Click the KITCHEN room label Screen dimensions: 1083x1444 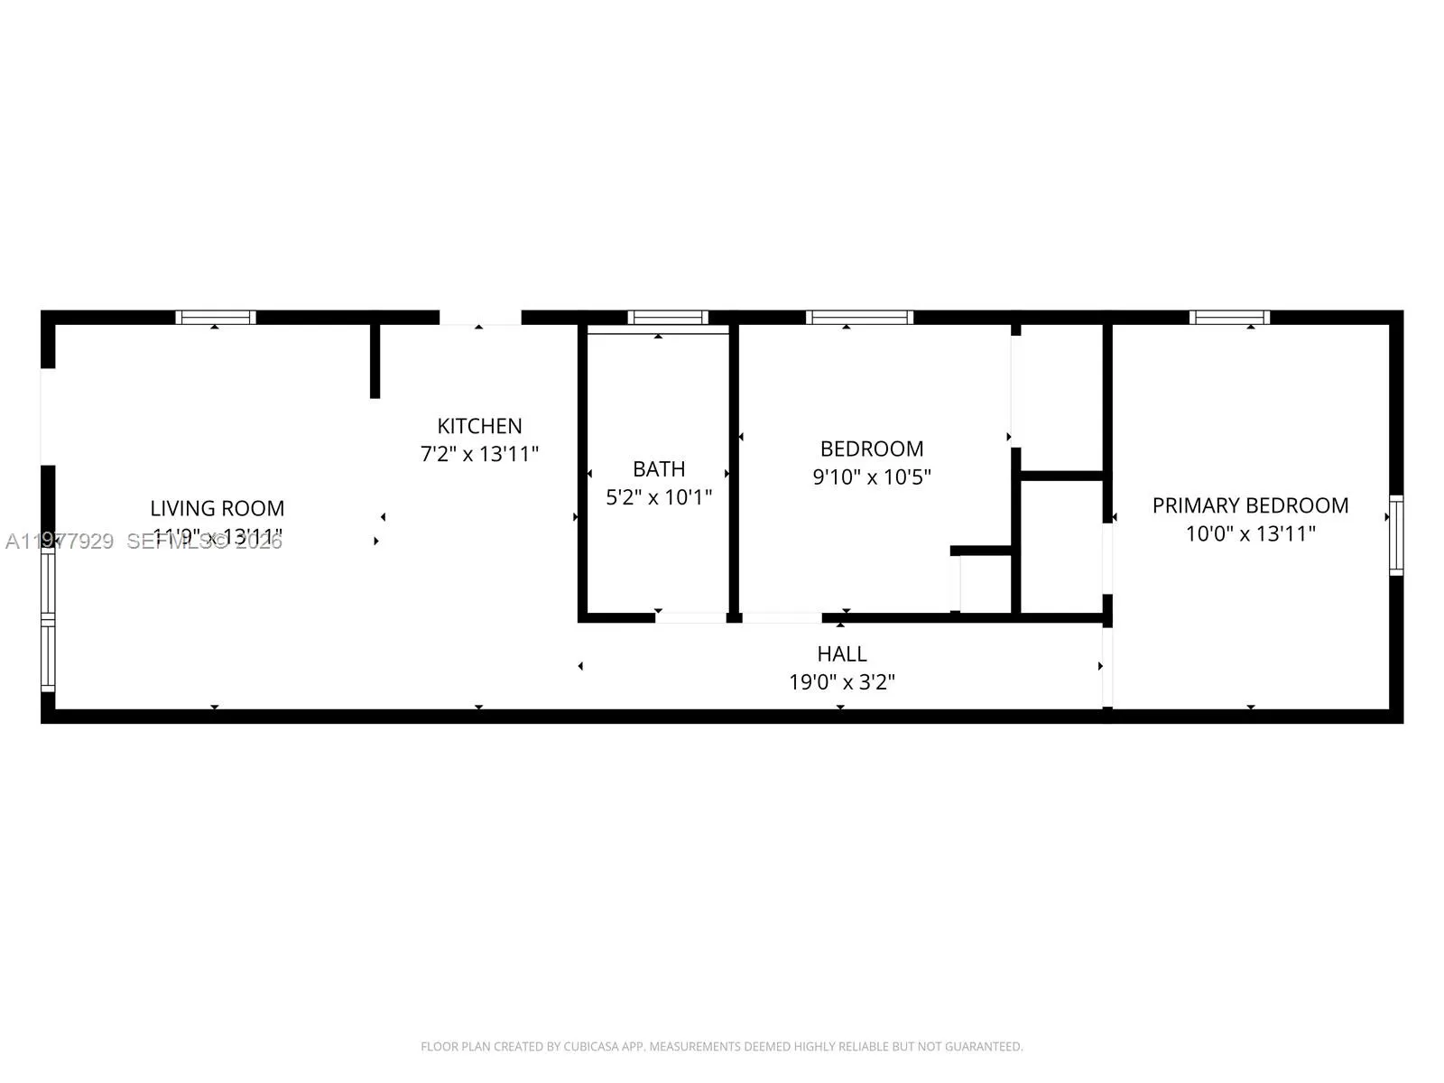pos(479,426)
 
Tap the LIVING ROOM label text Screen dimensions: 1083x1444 pos(217,508)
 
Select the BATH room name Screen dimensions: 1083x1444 pos(659,469)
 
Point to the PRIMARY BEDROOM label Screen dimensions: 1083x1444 pos(1250,505)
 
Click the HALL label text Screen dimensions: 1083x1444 pos(842,653)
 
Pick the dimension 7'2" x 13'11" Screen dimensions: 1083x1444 pos(479,454)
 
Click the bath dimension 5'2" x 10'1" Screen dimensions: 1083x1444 pos(659,496)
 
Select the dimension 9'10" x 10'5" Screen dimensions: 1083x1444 pos(872,477)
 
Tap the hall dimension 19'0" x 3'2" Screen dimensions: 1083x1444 pos(842,682)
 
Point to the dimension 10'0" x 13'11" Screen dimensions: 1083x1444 pos(1250,533)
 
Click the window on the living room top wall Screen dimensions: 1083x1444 pos(216,317)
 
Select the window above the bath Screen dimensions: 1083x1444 pos(668,317)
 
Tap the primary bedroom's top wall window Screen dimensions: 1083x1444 pos(1229,317)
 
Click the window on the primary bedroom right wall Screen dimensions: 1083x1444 pos(1396,535)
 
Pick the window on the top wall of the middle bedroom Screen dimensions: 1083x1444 pos(859,317)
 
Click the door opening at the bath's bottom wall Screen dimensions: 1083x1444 pos(691,617)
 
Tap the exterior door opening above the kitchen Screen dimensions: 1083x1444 pos(480,318)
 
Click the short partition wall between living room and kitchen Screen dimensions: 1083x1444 pos(375,360)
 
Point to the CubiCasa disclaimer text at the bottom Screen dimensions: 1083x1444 pos(722,1047)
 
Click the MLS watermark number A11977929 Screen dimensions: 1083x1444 pos(60,541)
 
